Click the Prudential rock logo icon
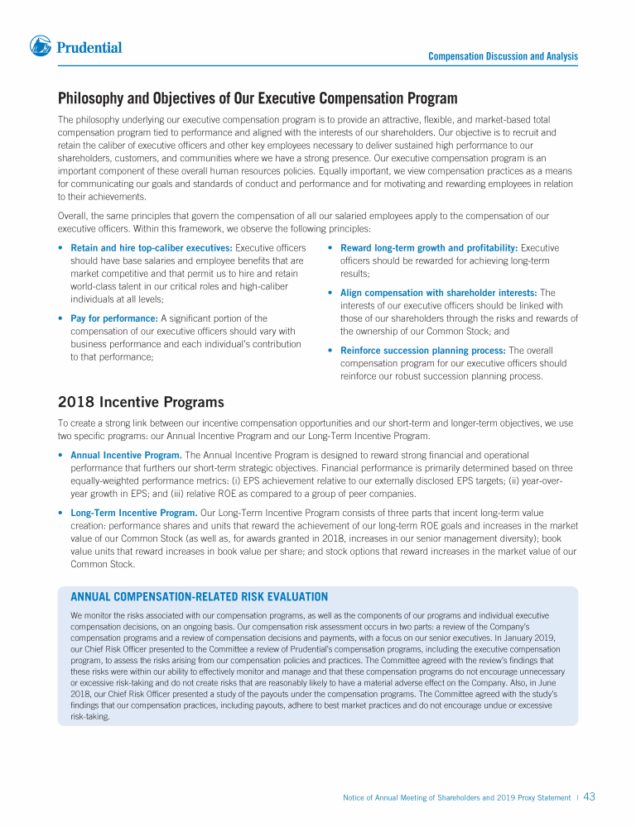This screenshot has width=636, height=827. (41, 46)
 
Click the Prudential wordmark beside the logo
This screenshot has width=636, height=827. (89, 48)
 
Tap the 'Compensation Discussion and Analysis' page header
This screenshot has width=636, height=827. (503, 56)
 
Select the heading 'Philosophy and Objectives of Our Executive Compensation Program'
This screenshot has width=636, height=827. (258, 99)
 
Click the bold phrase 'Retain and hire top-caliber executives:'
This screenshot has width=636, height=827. (152, 248)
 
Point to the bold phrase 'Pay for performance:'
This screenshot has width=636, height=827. (114, 318)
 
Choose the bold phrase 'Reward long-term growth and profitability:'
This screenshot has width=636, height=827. (429, 248)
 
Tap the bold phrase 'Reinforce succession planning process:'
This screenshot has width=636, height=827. (423, 351)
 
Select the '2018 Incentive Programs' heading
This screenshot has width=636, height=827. (141, 403)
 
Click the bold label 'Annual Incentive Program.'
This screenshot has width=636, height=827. (126, 456)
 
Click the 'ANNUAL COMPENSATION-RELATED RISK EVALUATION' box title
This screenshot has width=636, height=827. (200, 597)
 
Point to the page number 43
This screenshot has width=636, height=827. (590, 797)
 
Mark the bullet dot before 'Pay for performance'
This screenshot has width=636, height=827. (61, 318)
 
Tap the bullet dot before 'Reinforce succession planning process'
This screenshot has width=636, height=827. (331, 351)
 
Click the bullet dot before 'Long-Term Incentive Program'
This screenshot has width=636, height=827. (61, 513)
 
